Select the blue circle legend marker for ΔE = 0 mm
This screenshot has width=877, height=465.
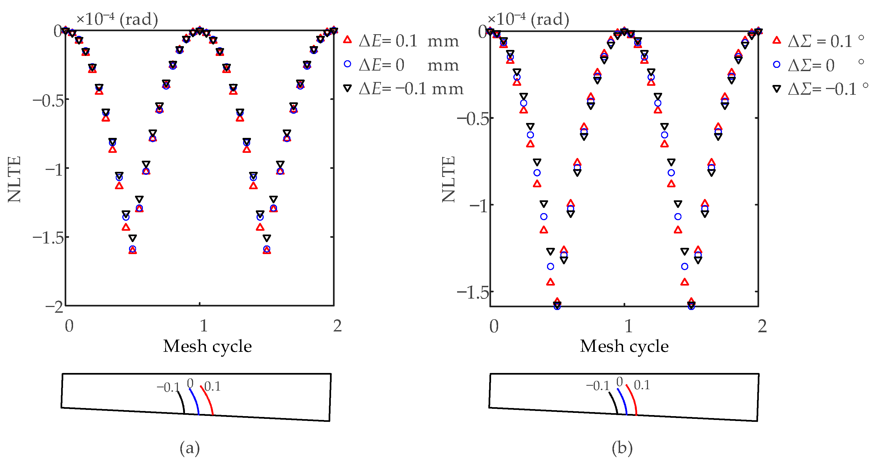pos(347,64)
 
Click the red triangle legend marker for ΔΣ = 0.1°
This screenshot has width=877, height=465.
pos(777,40)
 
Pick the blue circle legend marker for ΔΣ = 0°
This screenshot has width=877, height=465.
pos(777,64)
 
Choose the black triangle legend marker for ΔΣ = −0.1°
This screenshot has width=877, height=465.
pos(777,89)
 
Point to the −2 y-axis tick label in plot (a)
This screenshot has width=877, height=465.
pos(55,307)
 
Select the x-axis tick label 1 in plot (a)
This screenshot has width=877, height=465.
pos(204,326)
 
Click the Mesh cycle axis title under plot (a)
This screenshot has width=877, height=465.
pos(207,347)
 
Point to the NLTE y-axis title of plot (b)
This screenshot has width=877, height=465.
pos(448,179)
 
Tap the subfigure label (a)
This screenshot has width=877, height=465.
pos(190,448)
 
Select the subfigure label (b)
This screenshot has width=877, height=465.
pos(622,448)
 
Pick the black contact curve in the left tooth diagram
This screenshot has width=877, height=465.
pos(181,402)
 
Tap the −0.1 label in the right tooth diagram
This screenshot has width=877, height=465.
pos(598,386)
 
